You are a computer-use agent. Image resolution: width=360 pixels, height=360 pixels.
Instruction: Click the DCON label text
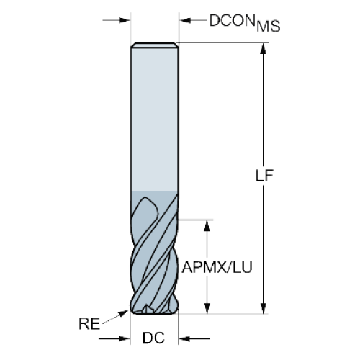coord(232,21)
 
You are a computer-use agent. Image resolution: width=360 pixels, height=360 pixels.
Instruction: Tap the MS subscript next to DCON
coord(269,27)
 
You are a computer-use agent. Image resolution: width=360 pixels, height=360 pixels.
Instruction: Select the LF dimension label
coord(264,176)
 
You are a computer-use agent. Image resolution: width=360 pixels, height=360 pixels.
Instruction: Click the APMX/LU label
coord(217,267)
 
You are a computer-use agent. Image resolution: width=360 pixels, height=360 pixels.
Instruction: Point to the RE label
coord(89,323)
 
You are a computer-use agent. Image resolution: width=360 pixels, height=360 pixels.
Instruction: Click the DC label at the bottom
coord(153,338)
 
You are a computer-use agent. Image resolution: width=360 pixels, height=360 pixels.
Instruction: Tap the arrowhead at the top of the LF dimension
coord(264,49)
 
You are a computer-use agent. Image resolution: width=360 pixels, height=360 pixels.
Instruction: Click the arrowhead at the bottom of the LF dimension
coord(264,308)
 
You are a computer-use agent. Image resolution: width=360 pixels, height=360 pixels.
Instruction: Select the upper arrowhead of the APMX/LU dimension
coord(207,225)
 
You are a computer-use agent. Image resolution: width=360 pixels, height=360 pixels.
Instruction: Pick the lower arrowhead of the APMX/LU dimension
coord(207,308)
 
